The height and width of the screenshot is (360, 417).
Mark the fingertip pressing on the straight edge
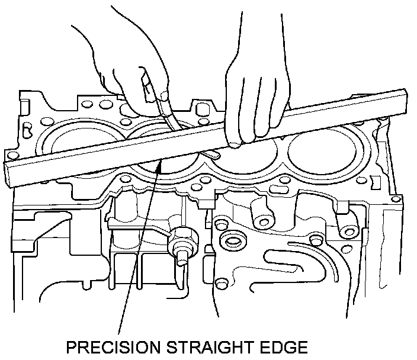pyautogui.click(x=236, y=143)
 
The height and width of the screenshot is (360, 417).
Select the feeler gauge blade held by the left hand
pyautogui.click(x=172, y=121)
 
